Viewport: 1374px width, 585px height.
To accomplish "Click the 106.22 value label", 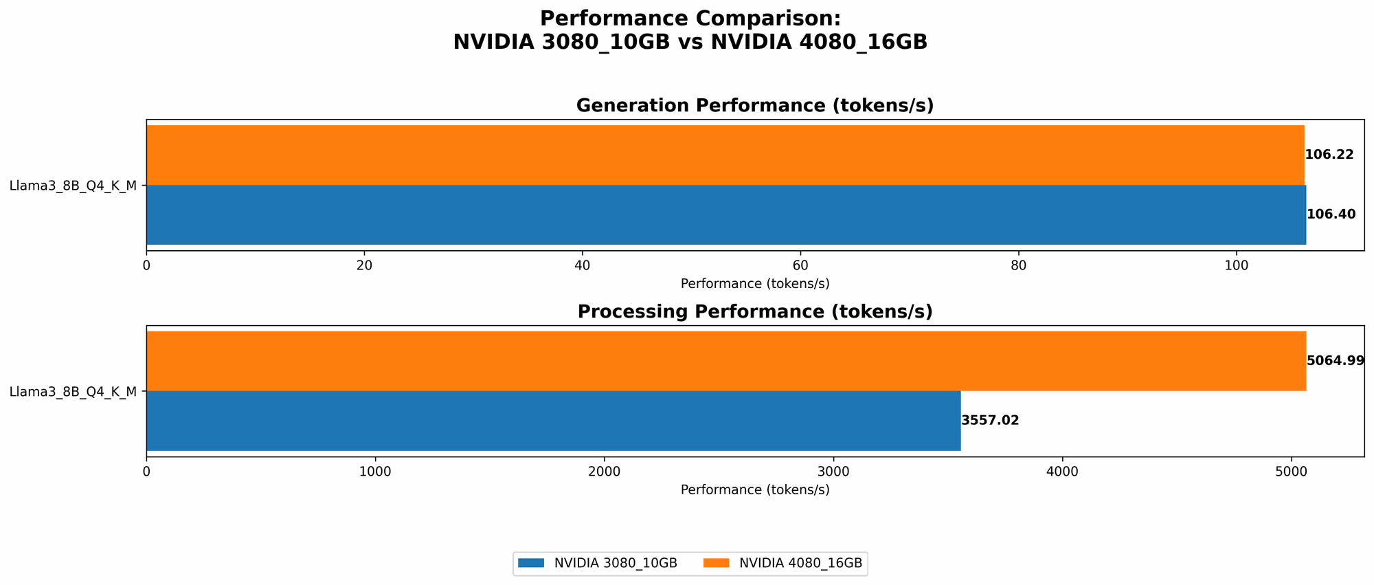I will [x=1329, y=155].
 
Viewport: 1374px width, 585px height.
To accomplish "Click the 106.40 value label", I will [x=1331, y=214].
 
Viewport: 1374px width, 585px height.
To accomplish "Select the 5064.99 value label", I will [x=1335, y=361].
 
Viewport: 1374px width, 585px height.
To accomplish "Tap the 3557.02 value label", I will [x=990, y=421].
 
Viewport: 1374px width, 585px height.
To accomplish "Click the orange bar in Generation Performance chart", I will [x=725, y=155].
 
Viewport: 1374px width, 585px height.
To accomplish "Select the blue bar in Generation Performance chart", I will [x=725, y=214].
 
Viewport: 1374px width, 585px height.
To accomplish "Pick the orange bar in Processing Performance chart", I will [x=725, y=361].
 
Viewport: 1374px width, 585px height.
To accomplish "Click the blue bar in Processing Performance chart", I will [x=553, y=421].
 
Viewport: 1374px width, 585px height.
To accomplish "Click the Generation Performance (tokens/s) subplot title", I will [x=754, y=105].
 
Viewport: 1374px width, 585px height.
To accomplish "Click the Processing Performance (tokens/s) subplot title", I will [x=754, y=311].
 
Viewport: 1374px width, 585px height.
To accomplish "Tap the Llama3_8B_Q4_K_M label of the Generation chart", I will [x=74, y=185].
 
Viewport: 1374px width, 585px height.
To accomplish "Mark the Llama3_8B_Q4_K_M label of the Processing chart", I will [x=74, y=392].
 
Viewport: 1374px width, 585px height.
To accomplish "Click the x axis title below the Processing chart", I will [x=754, y=490].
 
